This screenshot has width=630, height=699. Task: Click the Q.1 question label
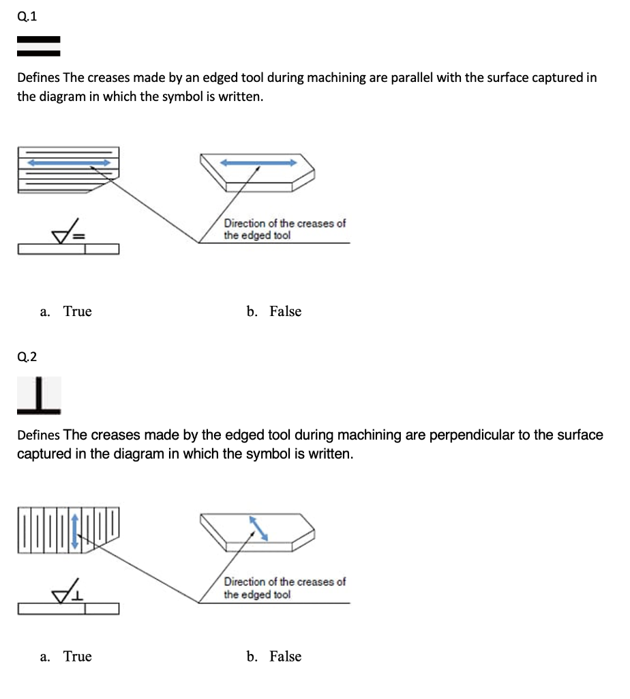pyautogui.click(x=27, y=18)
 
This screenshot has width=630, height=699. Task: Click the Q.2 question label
pyautogui.click(x=27, y=356)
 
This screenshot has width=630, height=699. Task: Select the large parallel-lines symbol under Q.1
pyautogui.click(x=39, y=46)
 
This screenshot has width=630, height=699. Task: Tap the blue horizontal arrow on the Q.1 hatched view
pyautogui.click(x=69, y=162)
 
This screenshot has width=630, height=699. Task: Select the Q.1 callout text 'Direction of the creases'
pyautogui.click(x=285, y=224)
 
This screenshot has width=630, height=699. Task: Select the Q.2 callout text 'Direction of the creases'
pyautogui.click(x=285, y=582)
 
